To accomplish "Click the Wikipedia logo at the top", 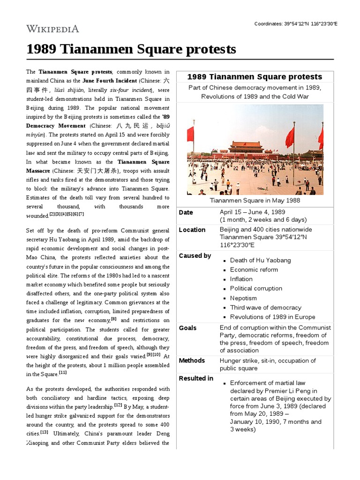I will coord(52,29).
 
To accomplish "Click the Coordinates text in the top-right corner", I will coord(296,24).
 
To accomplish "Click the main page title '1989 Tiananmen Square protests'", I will coord(131,49).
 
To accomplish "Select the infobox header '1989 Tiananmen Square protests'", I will coord(255,77).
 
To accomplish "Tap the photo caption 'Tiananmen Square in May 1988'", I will coord(255,201).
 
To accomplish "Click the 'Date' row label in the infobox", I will coord(186,212).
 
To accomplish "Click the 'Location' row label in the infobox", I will coord(192,230).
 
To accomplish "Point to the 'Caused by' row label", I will coord(195,256).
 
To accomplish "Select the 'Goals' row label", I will coord(188,328).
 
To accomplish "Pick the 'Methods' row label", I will coord(192,360).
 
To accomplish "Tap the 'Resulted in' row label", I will coord(196,378).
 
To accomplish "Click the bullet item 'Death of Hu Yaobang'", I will coord(260,260).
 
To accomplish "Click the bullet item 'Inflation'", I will coord(241,279).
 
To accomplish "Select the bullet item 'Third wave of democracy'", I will coord(265,307).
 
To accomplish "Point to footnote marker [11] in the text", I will coord(63,373).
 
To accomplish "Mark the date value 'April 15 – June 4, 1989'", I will coord(252,212).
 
